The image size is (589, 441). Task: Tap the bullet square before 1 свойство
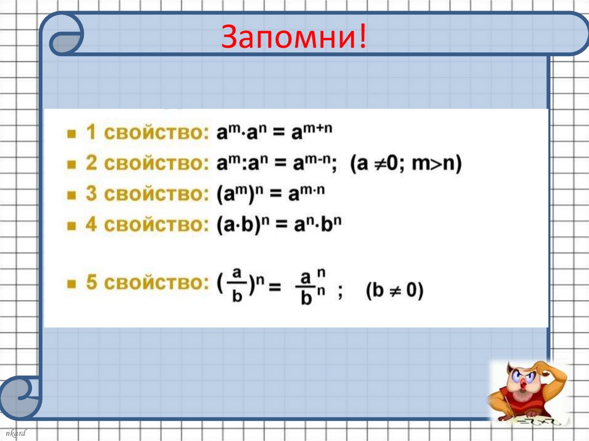click(72, 135)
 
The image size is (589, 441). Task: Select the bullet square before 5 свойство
click(72, 283)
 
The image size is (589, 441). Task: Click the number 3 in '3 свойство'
click(91, 194)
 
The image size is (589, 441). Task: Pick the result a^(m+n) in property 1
click(311, 133)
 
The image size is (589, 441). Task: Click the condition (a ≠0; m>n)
click(407, 164)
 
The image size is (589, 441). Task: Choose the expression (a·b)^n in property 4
click(242, 225)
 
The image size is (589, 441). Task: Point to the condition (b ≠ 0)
click(395, 292)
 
